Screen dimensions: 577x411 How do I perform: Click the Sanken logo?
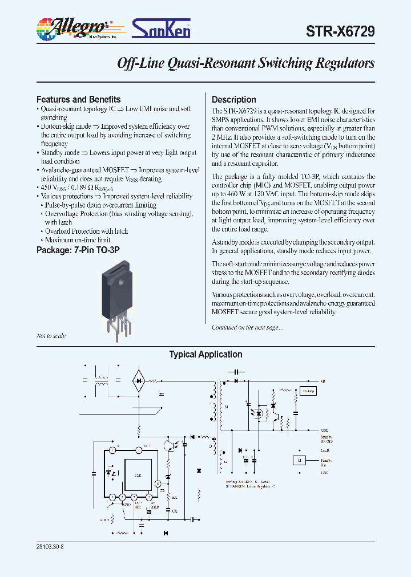click(162, 28)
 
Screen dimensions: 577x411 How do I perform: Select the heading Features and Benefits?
click(78, 99)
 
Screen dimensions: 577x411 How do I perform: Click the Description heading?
click(234, 99)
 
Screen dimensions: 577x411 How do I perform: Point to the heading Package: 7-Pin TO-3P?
click(78, 250)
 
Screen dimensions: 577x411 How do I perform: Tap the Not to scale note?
click(51, 336)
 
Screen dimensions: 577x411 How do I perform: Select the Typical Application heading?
click(205, 355)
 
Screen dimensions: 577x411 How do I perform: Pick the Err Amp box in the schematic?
click(308, 392)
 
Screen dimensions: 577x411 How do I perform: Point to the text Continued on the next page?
click(247, 327)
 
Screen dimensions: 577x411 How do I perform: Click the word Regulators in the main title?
click(343, 63)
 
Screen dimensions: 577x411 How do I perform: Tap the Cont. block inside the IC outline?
click(138, 475)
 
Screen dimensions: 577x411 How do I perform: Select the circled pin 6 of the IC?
click(158, 484)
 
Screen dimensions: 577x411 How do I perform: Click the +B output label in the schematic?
click(322, 380)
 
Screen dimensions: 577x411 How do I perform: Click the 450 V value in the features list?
click(51, 188)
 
